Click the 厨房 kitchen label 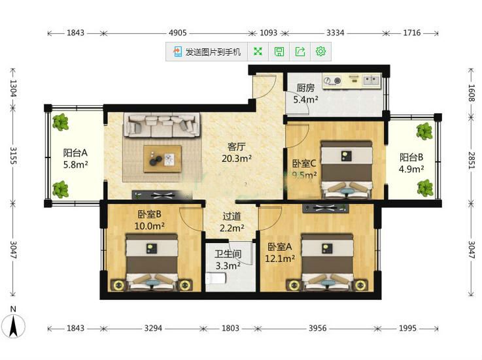305,88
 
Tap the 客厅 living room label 236,147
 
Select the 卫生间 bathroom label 228,254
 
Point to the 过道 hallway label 232,216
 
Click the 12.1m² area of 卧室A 280,258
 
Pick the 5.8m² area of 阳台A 76,165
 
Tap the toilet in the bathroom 216,278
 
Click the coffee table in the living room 162,159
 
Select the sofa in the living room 162,125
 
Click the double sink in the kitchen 371,80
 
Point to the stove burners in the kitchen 333,80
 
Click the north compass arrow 13,327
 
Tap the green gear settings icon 320,52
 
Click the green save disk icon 279,52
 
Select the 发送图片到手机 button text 213,52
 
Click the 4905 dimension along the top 178,33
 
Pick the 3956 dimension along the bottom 318,329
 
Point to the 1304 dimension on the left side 13,88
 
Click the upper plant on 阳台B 424,131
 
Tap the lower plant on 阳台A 60,189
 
